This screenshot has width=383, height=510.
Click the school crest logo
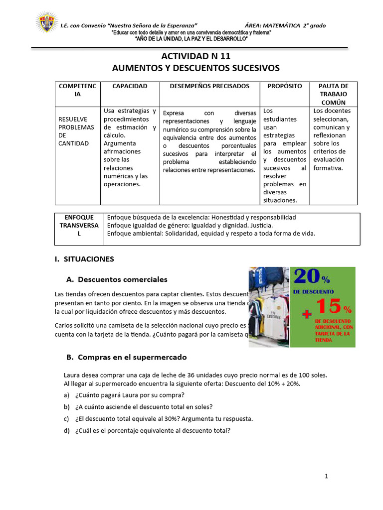[46, 23]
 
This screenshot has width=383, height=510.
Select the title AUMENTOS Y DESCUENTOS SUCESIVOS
[195, 68]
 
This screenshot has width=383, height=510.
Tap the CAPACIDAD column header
[130, 86]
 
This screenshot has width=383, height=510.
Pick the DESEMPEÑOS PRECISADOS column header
[209, 86]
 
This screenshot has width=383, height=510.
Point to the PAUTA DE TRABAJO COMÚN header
[333, 94]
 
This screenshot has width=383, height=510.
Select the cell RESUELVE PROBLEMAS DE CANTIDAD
[76, 131]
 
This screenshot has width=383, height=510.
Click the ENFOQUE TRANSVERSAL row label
[79, 225]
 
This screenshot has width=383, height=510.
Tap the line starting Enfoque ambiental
[211, 233]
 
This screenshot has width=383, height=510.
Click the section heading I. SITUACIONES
[84, 259]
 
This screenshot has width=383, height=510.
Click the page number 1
[326, 476]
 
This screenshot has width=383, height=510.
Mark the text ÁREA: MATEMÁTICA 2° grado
[285, 25]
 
